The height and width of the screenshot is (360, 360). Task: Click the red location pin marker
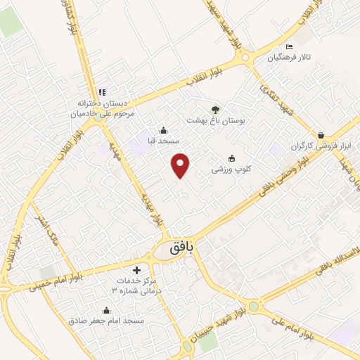pyautogui.click(x=181, y=165)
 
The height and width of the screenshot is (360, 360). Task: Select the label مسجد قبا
pyautogui.click(x=164, y=141)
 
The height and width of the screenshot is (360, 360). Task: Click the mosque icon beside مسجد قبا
pyautogui.click(x=164, y=130)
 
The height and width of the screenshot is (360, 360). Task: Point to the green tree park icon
pyautogui.click(x=216, y=109)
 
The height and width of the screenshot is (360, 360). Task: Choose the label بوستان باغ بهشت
pyautogui.click(x=215, y=120)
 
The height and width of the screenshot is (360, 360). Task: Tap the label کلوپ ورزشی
pyautogui.click(x=232, y=170)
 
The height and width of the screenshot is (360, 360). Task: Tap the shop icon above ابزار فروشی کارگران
pyautogui.click(x=321, y=134)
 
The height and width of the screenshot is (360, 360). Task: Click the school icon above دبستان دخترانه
pyautogui.click(x=103, y=92)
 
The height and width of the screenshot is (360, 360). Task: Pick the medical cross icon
pyautogui.click(x=137, y=270)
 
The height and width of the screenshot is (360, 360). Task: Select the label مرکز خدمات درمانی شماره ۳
pyautogui.click(x=139, y=285)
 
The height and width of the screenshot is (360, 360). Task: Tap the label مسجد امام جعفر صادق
pyautogui.click(x=106, y=321)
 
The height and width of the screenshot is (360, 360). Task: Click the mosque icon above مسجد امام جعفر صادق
pyautogui.click(x=106, y=310)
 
